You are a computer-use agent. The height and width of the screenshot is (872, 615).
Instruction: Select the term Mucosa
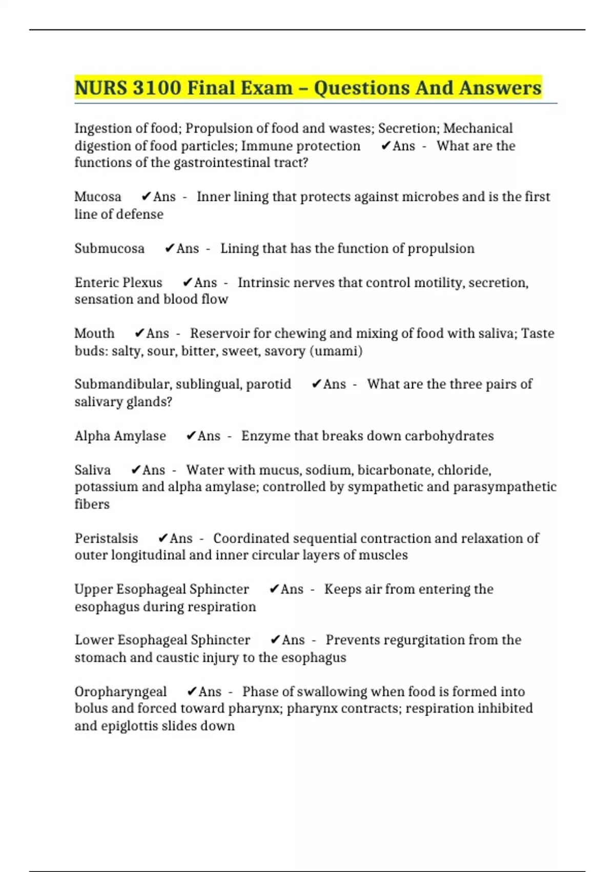tap(98, 197)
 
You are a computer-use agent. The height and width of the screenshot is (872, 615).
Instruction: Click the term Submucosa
tap(109, 249)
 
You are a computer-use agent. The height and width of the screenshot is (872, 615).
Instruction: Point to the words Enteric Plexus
tap(118, 283)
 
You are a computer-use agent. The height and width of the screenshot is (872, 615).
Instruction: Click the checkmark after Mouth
tap(139, 333)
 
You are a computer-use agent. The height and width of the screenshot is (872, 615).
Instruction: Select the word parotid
tap(269, 384)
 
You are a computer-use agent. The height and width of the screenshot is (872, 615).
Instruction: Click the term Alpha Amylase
tap(120, 436)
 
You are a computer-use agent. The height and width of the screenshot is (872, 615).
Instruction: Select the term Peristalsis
tap(107, 539)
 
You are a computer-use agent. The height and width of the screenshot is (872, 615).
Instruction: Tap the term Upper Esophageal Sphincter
tap(161, 589)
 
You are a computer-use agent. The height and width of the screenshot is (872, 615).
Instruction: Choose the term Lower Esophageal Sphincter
tap(162, 640)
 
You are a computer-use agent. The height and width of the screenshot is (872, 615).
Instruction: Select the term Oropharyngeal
tap(121, 692)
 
